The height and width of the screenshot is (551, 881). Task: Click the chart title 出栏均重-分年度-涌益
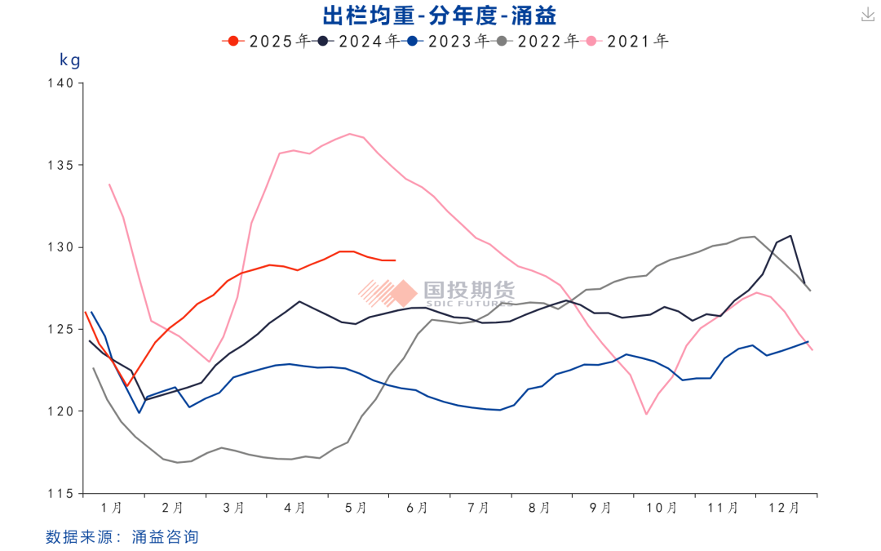click(x=440, y=16)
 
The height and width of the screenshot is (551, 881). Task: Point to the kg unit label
click(x=70, y=60)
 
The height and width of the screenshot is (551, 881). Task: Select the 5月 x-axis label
click(x=356, y=508)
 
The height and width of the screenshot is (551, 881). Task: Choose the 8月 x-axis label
click(x=539, y=508)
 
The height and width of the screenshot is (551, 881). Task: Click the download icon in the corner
click(x=867, y=16)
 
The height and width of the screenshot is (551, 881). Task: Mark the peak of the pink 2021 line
click(x=350, y=134)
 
